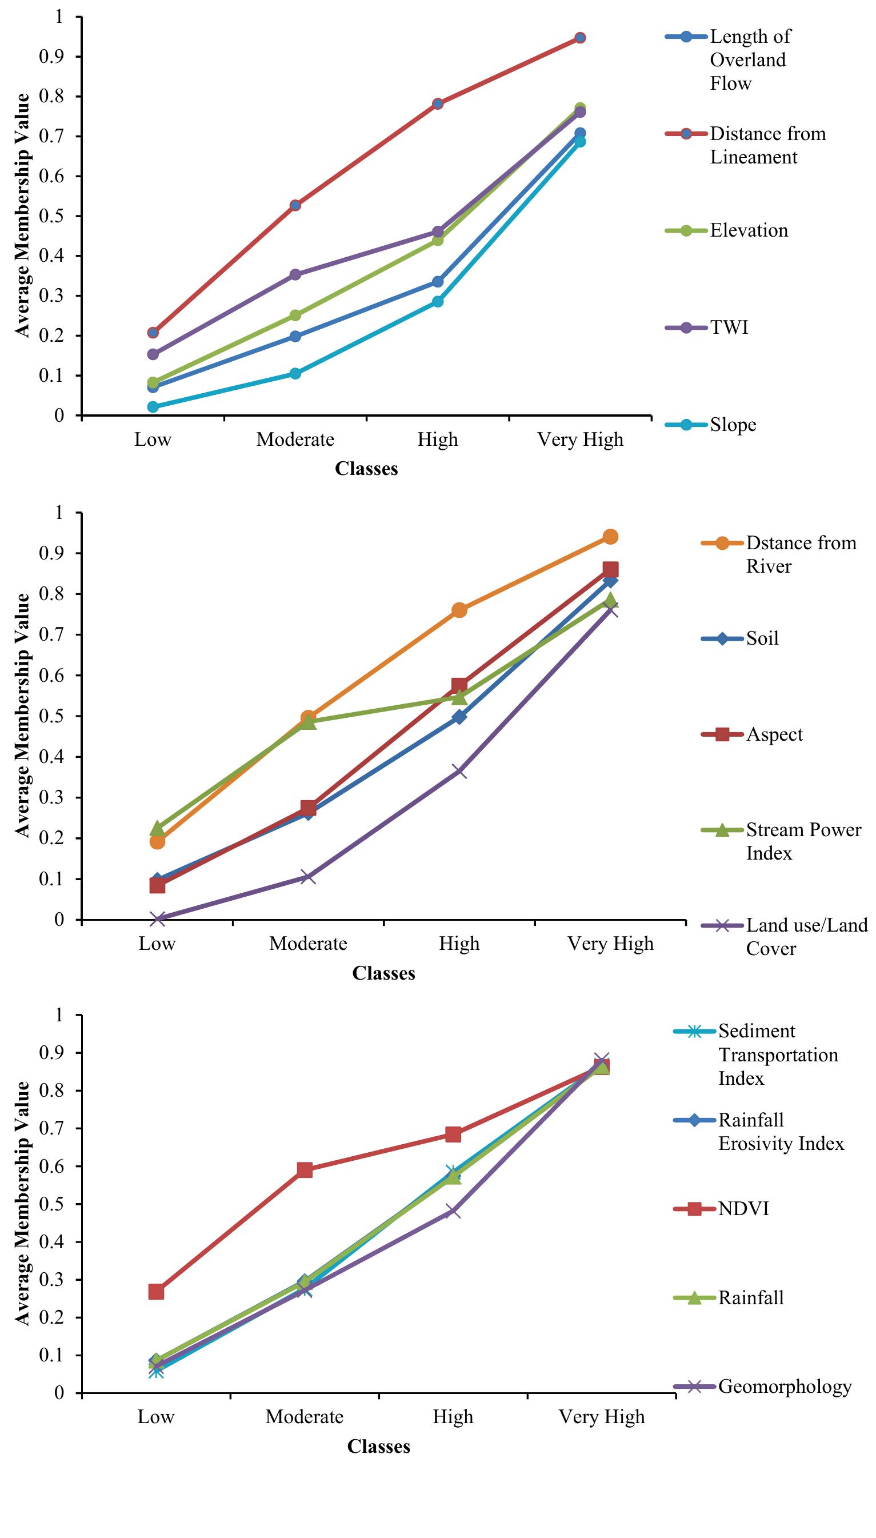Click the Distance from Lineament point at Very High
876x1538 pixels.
coord(580,38)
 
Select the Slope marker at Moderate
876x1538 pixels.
coord(295,374)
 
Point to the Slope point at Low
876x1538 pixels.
coord(153,407)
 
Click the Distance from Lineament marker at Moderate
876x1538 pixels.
coord(295,206)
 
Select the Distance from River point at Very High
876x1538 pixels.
coord(610,537)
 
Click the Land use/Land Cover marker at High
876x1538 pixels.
coord(459,772)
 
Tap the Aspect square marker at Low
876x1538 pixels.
coord(158,886)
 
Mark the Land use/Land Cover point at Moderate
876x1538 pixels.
coord(308,877)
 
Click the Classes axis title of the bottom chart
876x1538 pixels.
coord(378,1447)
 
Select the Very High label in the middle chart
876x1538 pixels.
coord(610,943)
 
